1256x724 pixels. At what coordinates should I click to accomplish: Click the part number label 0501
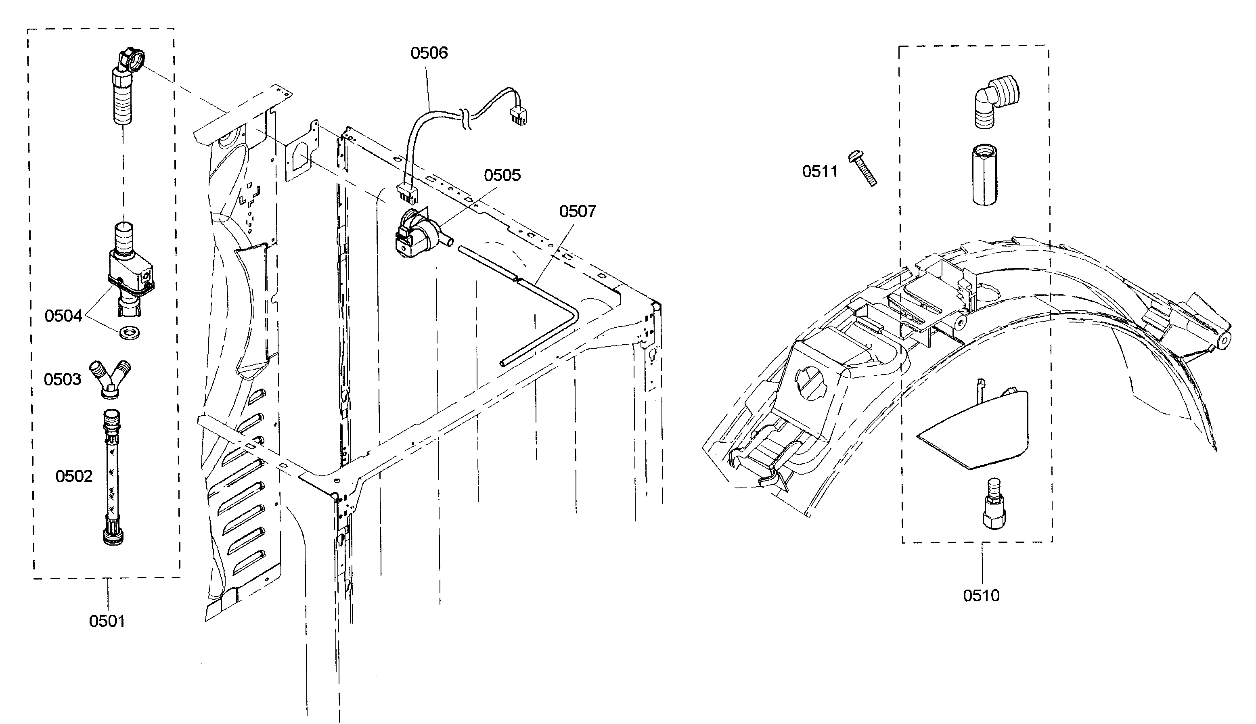pyautogui.click(x=107, y=621)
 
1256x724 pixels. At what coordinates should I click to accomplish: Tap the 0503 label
pyautogui.click(x=62, y=379)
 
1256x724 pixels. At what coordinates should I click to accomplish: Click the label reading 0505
pyautogui.click(x=502, y=175)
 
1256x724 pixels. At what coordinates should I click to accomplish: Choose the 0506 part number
pyautogui.click(x=429, y=53)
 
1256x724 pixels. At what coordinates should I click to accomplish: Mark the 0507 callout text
pyautogui.click(x=577, y=211)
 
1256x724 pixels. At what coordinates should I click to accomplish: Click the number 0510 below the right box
pyautogui.click(x=981, y=596)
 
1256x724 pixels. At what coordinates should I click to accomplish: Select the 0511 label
pyautogui.click(x=820, y=172)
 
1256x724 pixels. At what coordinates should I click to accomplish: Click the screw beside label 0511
pyautogui.click(x=864, y=168)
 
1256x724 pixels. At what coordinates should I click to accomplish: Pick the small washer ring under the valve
pyautogui.click(x=129, y=332)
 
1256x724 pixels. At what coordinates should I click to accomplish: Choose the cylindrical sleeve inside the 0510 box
pyautogui.click(x=984, y=175)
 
